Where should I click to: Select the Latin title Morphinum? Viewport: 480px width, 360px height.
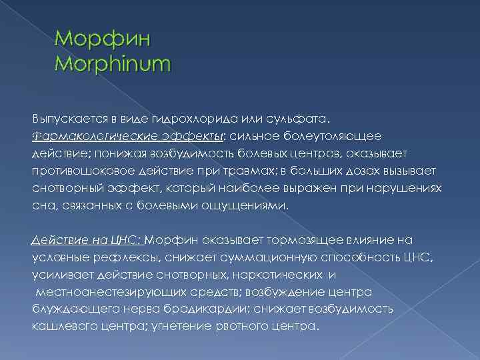113,65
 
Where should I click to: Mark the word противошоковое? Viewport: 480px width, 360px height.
80,171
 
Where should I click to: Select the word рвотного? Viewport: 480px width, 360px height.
243,327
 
